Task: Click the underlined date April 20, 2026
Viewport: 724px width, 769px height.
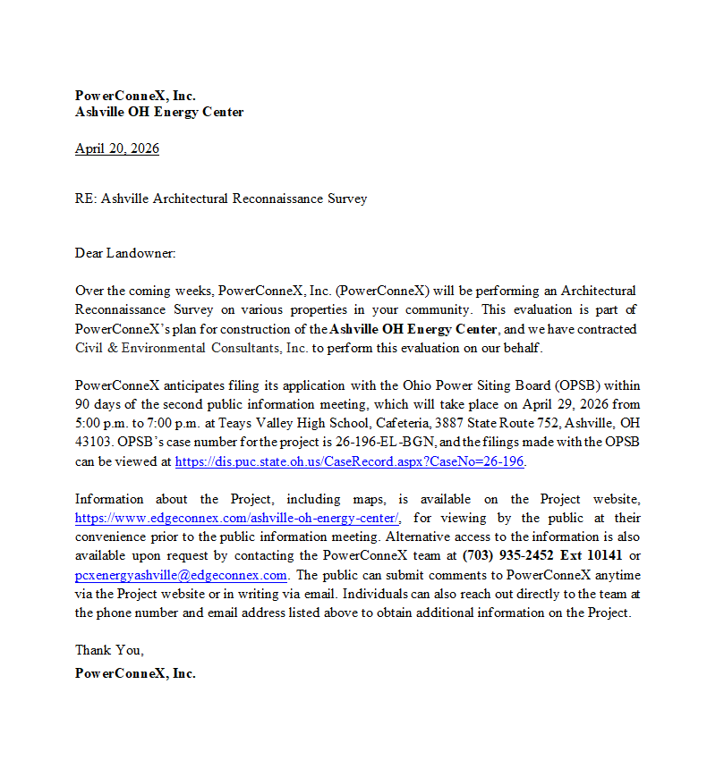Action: pyautogui.click(x=117, y=148)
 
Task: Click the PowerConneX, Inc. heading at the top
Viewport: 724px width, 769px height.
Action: pyautogui.click(x=135, y=96)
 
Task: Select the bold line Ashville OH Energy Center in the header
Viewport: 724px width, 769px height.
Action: pyautogui.click(x=159, y=112)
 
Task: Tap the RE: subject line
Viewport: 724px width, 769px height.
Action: pyautogui.click(x=221, y=199)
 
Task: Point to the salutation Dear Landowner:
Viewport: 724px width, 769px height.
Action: pyautogui.click(x=125, y=253)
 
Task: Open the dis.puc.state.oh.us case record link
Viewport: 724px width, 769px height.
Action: pyautogui.click(x=350, y=461)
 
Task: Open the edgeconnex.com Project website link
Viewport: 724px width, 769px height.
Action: pyautogui.click(x=238, y=518)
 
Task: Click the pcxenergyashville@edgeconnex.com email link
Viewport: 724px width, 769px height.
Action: pyautogui.click(x=181, y=575)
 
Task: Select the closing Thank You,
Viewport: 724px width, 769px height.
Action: pyautogui.click(x=109, y=650)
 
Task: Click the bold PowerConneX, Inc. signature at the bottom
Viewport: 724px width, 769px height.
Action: pyautogui.click(x=135, y=673)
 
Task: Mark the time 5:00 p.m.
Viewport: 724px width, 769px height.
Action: pyautogui.click(x=102, y=424)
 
